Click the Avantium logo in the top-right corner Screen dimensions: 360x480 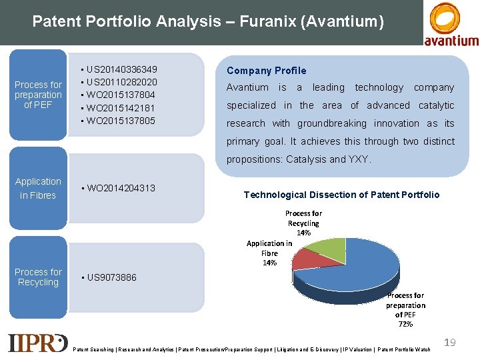pos(451,24)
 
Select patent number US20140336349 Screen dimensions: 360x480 pos(122,69)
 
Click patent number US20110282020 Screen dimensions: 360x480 pos(122,82)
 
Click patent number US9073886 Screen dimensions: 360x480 pos(111,277)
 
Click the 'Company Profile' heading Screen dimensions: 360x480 pos(267,71)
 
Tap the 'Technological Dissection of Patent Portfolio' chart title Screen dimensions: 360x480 pos(341,195)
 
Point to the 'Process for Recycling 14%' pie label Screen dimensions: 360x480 pos(303,223)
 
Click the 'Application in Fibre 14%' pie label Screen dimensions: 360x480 pos(269,253)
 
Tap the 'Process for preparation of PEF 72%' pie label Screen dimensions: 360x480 pos(405,309)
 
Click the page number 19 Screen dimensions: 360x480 pos(450,342)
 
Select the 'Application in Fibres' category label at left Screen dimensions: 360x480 pos(38,188)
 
